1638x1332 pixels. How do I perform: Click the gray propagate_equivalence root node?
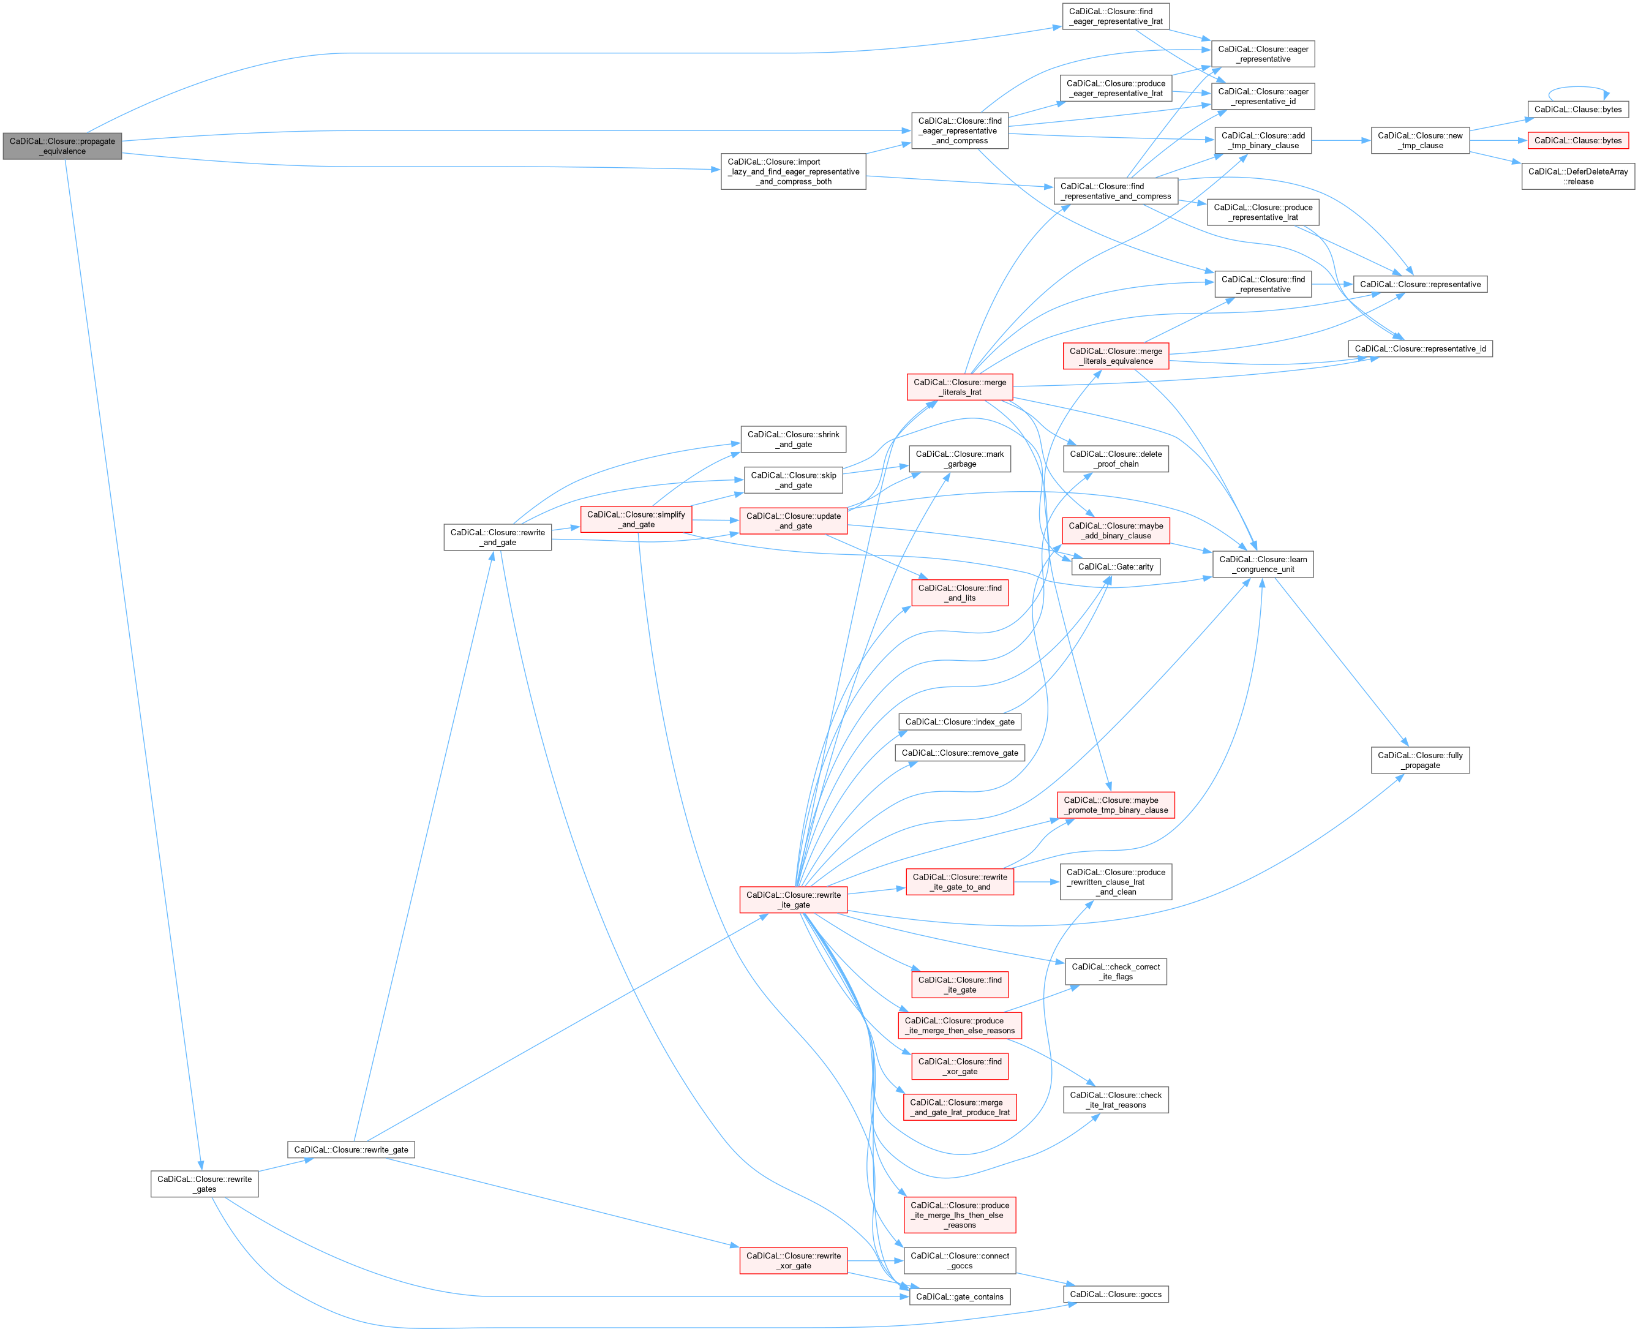[x=62, y=146]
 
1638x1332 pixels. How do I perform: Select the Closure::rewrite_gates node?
[x=204, y=1184]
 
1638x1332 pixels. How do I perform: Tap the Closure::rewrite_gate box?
[x=351, y=1150]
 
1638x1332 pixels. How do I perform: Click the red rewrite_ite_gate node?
[x=794, y=900]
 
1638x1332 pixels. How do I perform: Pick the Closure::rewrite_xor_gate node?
[x=794, y=1260]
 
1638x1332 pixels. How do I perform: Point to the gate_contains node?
[x=959, y=1296]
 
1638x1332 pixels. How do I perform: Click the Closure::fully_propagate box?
[x=1420, y=761]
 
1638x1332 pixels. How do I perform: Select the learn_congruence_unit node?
[x=1263, y=564]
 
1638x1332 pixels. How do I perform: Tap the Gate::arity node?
[x=1116, y=567]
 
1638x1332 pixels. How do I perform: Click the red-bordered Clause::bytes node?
[x=1577, y=140]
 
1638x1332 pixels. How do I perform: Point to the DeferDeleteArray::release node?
[x=1577, y=176]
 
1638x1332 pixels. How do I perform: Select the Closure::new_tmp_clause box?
[x=1420, y=140]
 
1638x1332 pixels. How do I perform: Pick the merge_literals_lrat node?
[x=959, y=386]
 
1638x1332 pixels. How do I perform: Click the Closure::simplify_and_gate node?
[x=636, y=519]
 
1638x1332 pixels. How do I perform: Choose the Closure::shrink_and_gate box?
[x=794, y=439]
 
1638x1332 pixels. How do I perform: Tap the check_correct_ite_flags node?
[x=1116, y=971]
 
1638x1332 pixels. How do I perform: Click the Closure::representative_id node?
[x=1420, y=348]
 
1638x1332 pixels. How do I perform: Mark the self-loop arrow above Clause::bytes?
[x=1578, y=88]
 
